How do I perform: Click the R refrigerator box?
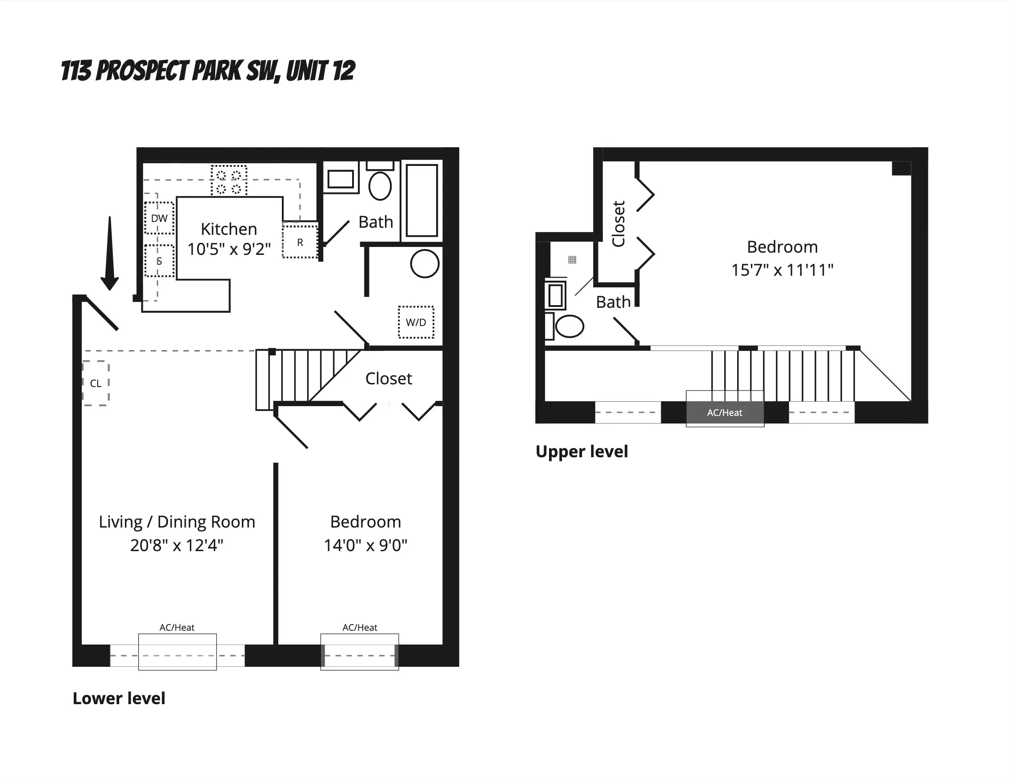pyautogui.click(x=300, y=242)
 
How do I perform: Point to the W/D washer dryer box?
pyautogui.click(x=416, y=322)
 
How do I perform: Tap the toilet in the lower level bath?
pyautogui.click(x=380, y=185)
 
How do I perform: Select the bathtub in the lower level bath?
pyautogui.click(x=422, y=200)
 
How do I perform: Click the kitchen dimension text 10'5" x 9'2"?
pyautogui.click(x=229, y=249)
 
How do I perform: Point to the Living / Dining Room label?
pyautogui.click(x=177, y=522)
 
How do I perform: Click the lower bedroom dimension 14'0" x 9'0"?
pyautogui.click(x=365, y=545)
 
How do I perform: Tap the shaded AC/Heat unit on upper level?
pyautogui.click(x=724, y=412)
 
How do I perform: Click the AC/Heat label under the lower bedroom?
pyautogui.click(x=360, y=627)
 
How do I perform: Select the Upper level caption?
pyautogui.click(x=582, y=451)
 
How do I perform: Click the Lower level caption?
pyautogui.click(x=119, y=698)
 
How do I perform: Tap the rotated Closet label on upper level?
pyautogui.click(x=618, y=224)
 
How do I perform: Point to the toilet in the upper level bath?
pyautogui.click(x=569, y=326)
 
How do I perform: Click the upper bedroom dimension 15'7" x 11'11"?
pyautogui.click(x=782, y=270)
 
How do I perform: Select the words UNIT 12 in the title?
pyautogui.click(x=321, y=71)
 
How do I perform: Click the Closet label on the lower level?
pyautogui.click(x=389, y=379)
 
